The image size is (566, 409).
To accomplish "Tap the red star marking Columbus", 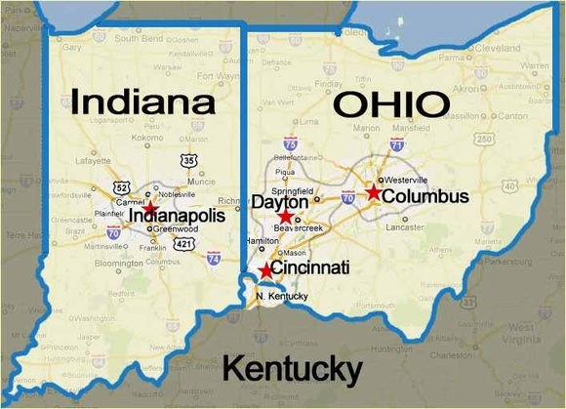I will point(374,192).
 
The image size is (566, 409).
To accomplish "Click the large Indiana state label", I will point(142,102).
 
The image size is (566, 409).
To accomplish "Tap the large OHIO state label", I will point(389,103).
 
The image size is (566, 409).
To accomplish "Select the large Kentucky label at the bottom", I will point(293,368).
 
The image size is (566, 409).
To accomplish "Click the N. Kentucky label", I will point(274,296).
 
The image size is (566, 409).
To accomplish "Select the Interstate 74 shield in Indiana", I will point(214,259).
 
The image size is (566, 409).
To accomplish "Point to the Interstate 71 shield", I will point(396,144).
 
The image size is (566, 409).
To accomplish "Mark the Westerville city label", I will point(406,181).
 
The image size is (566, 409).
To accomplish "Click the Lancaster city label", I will point(404,225).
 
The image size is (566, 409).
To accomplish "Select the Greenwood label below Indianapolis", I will point(170,228).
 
